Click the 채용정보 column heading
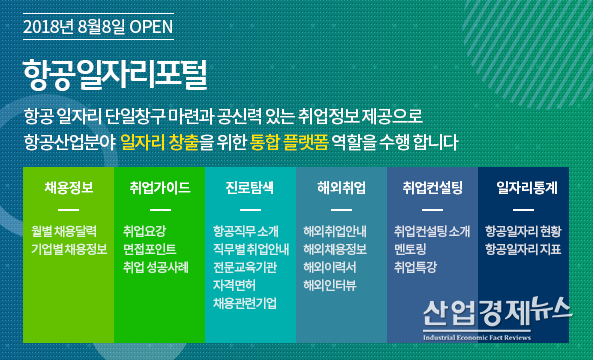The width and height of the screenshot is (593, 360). click(69, 187)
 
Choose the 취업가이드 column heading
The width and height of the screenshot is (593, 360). click(160, 187)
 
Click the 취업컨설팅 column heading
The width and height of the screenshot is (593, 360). click(432, 187)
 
